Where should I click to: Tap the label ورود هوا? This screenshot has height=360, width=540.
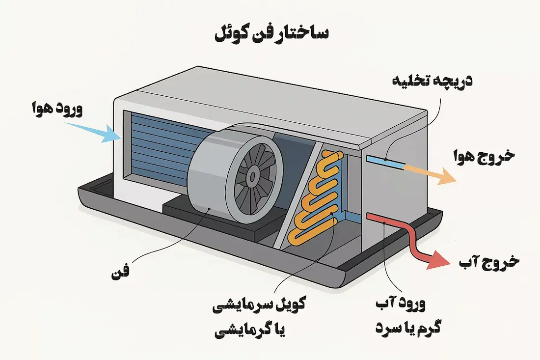pyautogui.click(x=55, y=109)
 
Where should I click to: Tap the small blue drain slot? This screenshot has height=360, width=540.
pyautogui.click(x=382, y=159)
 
